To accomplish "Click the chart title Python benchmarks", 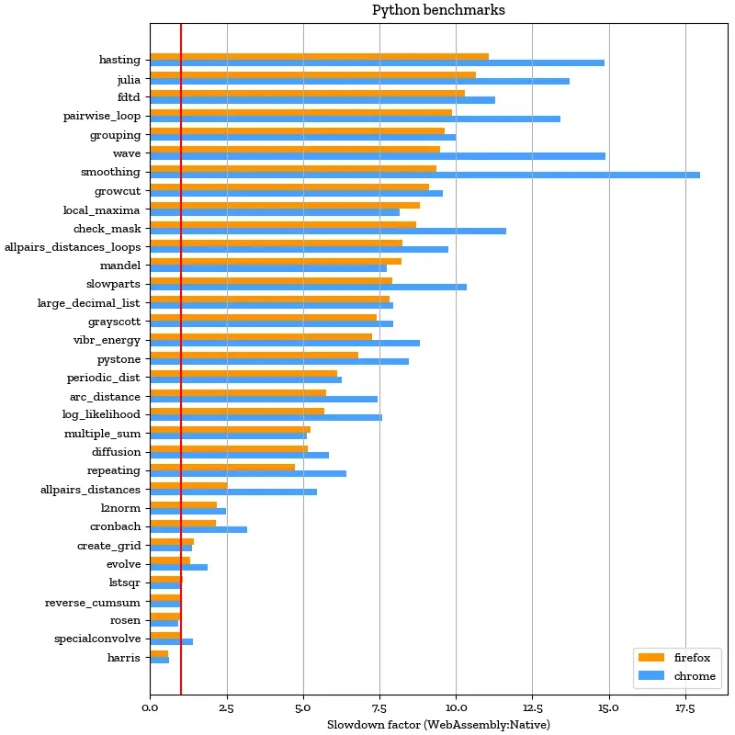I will click(438, 10).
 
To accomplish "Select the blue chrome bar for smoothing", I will click(424, 175).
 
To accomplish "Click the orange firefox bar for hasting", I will click(319, 56).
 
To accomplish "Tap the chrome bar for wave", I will click(377, 156).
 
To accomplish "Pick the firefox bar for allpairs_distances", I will click(188, 485).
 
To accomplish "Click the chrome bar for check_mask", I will click(327, 231).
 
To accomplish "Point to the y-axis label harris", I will click(124, 658).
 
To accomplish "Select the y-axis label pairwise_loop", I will click(102, 116).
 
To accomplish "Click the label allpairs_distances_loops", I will click(73, 246).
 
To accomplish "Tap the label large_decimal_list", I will click(89, 302).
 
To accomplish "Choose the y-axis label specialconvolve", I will click(97, 639).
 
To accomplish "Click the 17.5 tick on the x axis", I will click(685, 708).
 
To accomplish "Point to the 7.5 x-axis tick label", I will click(379, 708).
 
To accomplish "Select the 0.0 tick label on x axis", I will click(151, 708).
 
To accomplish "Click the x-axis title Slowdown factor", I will click(438, 725).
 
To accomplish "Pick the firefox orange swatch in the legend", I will click(650, 657).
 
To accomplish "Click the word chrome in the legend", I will click(695, 676).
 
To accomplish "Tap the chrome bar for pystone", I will click(279, 361).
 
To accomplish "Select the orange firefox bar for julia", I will click(312, 75).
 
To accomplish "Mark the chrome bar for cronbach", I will click(198, 529).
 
